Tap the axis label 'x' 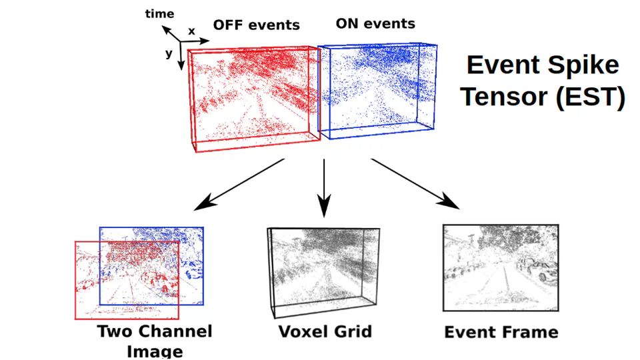point(191,31)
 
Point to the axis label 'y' point(169,54)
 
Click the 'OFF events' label point(256,25)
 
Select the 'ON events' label point(375,24)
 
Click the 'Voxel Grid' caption point(324,331)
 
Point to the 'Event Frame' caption point(501,332)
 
